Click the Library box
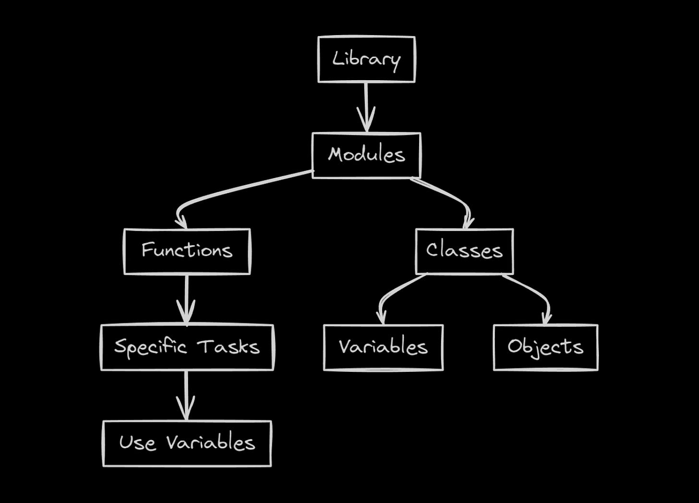[x=366, y=59]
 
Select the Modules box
[x=366, y=155]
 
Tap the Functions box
[x=187, y=251]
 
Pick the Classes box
[x=464, y=251]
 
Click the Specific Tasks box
[x=187, y=347]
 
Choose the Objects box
[x=545, y=347]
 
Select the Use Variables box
[x=187, y=443]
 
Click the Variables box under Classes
[x=383, y=347]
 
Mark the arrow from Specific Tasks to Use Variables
[x=186, y=395]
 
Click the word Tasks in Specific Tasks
[x=229, y=347]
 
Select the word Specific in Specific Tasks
[x=150, y=347]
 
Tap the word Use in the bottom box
[x=137, y=443]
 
